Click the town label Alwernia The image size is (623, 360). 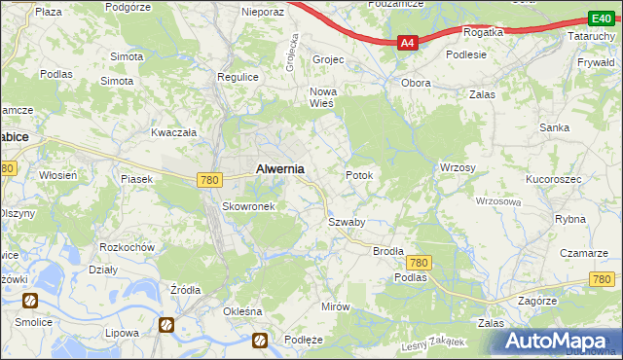tap(279, 168)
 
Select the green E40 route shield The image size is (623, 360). tap(600, 18)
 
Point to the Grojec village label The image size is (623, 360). tap(329, 59)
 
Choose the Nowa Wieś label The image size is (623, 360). tap(322, 98)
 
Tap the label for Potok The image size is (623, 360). tap(359, 175)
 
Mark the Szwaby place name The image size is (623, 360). tap(346, 222)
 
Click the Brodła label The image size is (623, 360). tap(388, 250)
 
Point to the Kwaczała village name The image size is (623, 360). tap(174, 131)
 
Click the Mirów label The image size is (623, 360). tap(335, 306)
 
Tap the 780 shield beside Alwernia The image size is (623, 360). tap(207, 180)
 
